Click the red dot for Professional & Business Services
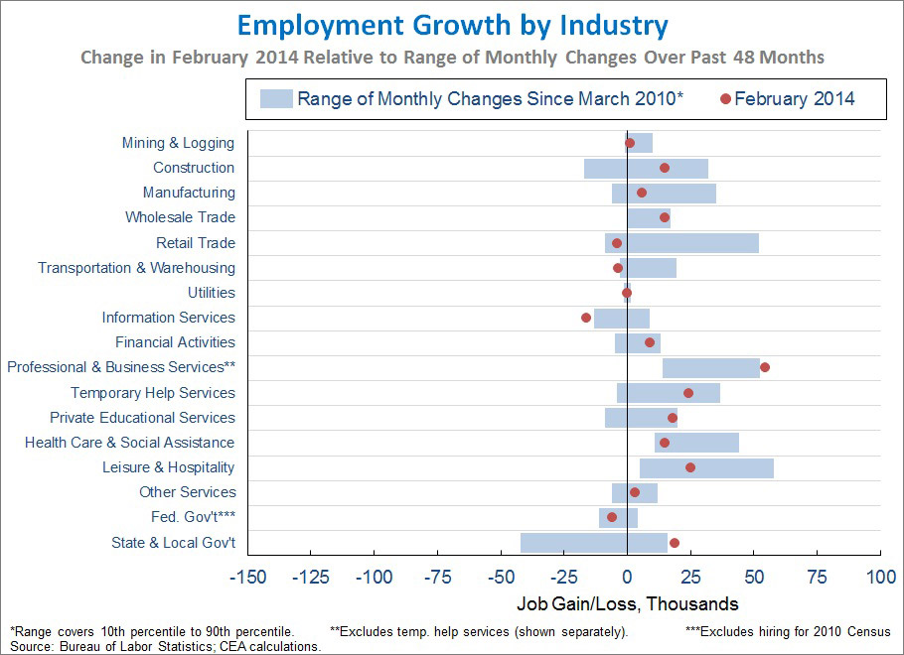(765, 367)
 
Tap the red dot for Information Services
(586, 318)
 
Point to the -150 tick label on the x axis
(247, 578)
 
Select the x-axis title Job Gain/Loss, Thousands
(628, 603)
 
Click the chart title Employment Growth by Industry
(453, 25)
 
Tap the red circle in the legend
(725, 98)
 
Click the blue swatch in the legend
(276, 98)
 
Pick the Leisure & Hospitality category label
(169, 467)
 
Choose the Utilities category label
(212, 293)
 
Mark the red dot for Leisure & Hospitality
(690, 467)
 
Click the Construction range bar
(646, 168)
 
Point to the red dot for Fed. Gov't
(612, 517)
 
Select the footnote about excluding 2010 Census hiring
(788, 631)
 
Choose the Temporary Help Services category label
(153, 393)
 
